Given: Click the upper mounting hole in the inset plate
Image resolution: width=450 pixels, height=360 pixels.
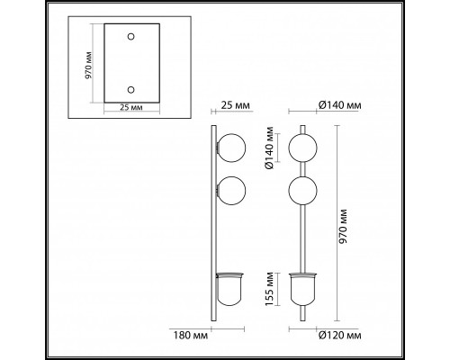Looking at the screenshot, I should [131, 37].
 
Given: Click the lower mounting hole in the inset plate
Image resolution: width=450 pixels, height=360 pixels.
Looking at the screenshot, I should [131, 91].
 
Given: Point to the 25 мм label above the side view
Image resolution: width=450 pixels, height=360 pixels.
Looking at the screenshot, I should [233, 105].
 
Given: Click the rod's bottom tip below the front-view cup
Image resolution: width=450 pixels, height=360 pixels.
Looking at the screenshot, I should [303, 316].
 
